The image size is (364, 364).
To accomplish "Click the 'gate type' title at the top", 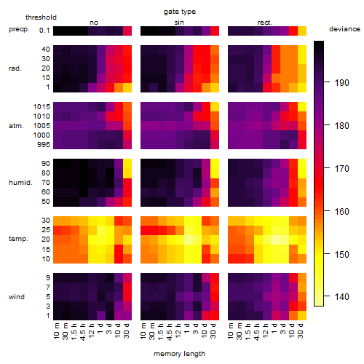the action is tap(180, 12).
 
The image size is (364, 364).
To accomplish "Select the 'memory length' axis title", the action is tap(179, 354).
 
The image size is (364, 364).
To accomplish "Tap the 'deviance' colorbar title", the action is tap(344, 29).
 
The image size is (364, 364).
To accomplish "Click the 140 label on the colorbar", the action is tap(341, 296).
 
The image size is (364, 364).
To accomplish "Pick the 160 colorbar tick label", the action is tap(341, 211).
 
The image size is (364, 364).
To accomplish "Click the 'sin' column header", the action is tap(179, 23).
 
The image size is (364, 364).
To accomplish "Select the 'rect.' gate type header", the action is tap(264, 23).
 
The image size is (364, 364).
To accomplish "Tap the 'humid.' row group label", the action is tap(20, 183).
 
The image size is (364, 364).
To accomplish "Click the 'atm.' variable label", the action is tap(16, 126).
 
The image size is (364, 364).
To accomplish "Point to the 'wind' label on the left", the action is tap(17, 297).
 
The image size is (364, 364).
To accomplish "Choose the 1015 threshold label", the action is tap(41, 107).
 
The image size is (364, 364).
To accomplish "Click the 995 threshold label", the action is tap(44, 145).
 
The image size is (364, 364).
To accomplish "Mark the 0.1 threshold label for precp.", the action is tap(44, 31).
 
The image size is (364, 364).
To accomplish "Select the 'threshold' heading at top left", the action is tap(41, 17).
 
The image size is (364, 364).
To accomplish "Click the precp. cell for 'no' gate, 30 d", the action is tap(127, 31).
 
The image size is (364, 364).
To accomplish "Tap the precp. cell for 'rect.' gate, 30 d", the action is tap(302, 31).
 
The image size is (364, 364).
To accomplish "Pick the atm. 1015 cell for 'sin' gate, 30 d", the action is tap(215, 107).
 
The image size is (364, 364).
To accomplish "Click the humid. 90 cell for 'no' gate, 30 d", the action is tap(127, 164).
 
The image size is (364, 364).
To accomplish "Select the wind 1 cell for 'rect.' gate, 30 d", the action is tap(302, 315).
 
